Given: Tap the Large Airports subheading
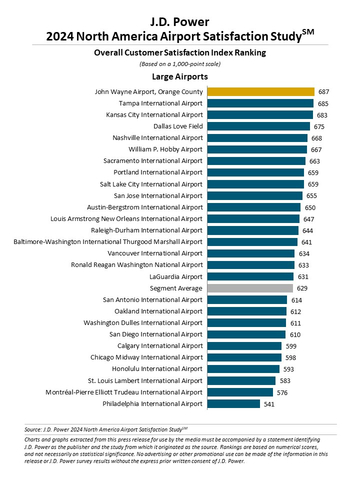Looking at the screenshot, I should coord(180,75).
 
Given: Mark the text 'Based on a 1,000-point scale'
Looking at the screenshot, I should coord(180,59).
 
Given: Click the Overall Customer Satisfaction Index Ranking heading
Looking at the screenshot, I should coord(180,48).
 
